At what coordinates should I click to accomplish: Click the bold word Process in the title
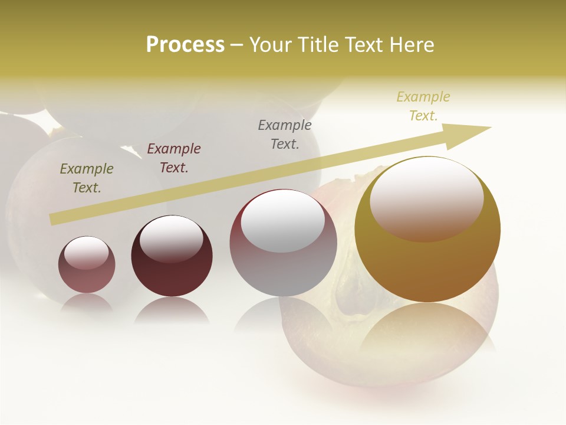click(185, 45)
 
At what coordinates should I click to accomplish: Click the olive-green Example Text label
click(86, 178)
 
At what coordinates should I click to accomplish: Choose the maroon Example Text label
click(174, 158)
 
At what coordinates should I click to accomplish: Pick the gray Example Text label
click(285, 135)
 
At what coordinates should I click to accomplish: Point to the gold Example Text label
click(423, 106)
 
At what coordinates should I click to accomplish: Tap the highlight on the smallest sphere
click(87, 252)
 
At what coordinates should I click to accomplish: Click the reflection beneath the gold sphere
click(427, 328)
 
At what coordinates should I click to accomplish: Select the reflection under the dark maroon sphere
click(172, 310)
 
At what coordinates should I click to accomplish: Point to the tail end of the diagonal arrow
click(52, 220)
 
